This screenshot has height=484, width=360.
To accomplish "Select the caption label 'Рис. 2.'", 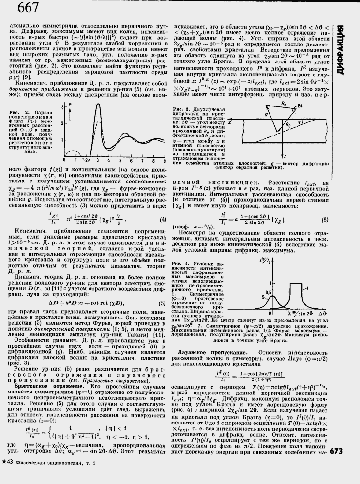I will tap(19, 113).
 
